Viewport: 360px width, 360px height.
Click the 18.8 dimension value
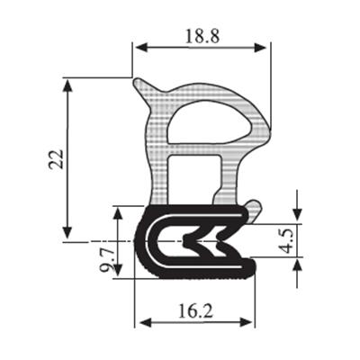coord(202,36)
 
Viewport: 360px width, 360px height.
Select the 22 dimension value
coord(57,159)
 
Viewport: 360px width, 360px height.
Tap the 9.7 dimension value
coord(107,259)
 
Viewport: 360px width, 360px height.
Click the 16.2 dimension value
coord(195,310)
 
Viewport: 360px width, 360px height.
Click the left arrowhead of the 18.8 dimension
coord(141,48)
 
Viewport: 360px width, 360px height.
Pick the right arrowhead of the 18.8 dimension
coord(260,48)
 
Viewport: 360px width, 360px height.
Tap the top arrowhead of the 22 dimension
coord(67,85)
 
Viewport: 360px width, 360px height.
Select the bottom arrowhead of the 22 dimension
coord(67,232)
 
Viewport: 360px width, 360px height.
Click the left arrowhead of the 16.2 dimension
coord(145,323)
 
